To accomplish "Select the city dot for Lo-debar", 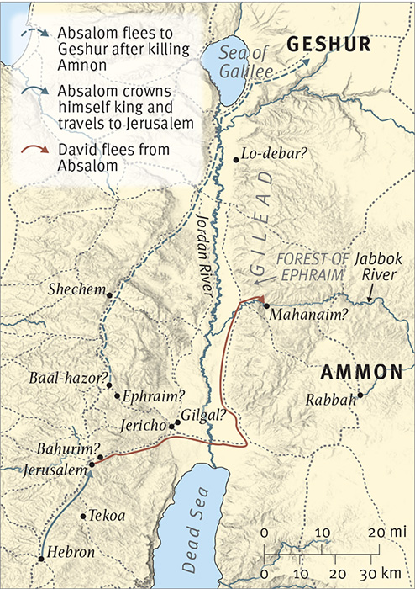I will point(236,158).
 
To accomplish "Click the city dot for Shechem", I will point(108,294).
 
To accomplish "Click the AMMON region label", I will point(365,373).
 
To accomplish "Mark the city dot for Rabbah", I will point(360,395).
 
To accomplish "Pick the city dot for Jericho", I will point(172,427).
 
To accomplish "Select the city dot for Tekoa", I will point(81,517).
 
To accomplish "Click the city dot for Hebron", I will point(40,557).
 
